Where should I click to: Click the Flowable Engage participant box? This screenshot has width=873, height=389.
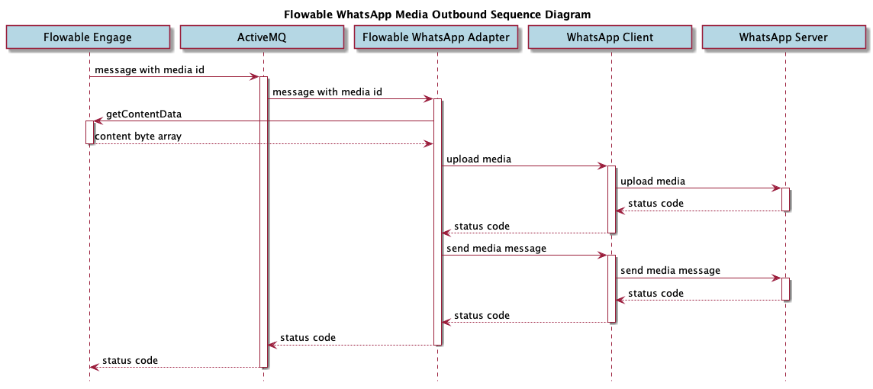(x=88, y=37)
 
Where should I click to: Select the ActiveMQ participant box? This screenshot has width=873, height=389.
(x=263, y=37)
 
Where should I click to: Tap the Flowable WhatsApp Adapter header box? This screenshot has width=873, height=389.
(x=436, y=37)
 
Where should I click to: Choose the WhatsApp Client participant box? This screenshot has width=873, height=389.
(x=610, y=37)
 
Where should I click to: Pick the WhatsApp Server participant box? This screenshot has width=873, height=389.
(x=784, y=37)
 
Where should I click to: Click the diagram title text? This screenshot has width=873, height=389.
(x=436, y=14)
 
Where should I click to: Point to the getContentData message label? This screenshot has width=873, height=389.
(x=143, y=114)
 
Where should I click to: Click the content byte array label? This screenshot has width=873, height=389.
(x=138, y=137)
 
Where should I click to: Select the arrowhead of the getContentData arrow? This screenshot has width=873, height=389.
(x=98, y=121)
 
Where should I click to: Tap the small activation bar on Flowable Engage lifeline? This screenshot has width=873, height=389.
(x=89, y=132)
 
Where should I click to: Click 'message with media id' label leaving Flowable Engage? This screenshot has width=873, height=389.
(x=150, y=69)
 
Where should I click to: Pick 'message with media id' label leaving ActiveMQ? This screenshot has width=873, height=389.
(x=327, y=92)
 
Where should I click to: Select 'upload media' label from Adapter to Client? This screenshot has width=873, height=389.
(x=478, y=159)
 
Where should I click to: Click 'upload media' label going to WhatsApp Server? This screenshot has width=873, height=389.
(x=652, y=182)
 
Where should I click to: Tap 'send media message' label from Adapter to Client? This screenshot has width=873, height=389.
(x=496, y=249)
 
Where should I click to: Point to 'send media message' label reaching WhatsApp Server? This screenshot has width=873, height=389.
(x=670, y=271)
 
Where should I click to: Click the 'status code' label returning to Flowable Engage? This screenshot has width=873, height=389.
(x=130, y=360)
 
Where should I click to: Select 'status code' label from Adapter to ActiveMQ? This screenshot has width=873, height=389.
(x=308, y=338)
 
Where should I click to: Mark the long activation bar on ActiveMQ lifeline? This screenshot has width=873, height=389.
(x=263, y=221)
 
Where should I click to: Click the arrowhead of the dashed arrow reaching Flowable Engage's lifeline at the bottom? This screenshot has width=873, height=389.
(x=94, y=367)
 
